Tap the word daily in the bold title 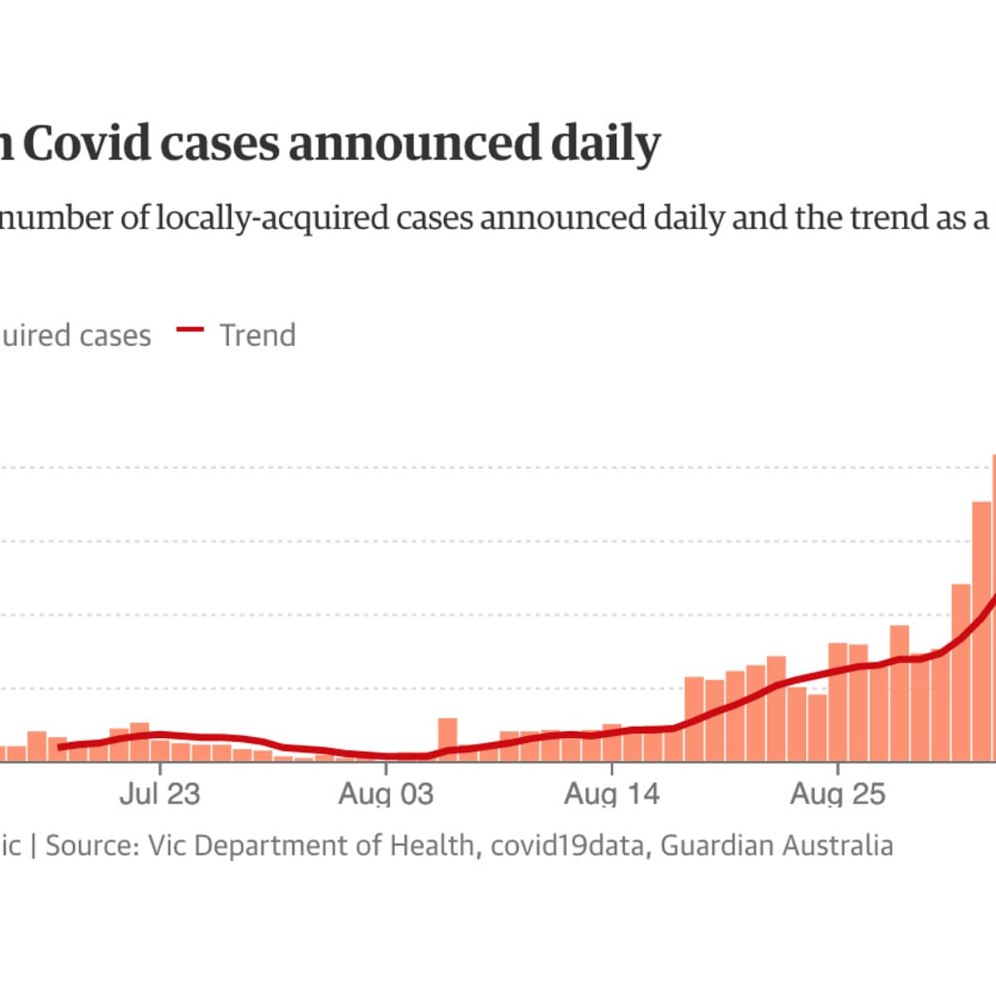coord(606,144)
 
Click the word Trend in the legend coord(257,335)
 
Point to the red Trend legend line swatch coord(190,330)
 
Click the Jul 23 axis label coord(160,793)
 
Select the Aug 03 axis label coord(386,793)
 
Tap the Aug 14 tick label coord(612,793)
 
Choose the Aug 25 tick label coord(837,793)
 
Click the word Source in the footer coord(90,846)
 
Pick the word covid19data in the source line coord(567,846)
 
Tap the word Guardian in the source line coord(715,846)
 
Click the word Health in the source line coord(432,846)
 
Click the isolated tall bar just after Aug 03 coord(447,739)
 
